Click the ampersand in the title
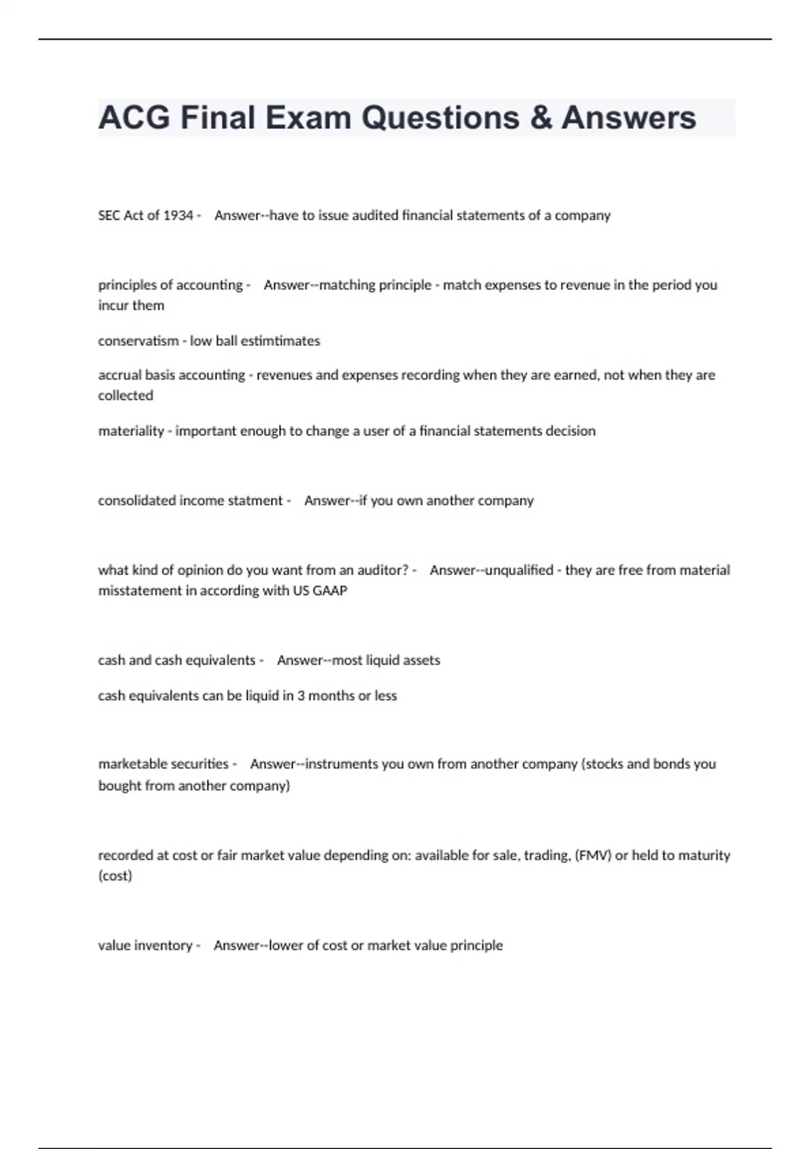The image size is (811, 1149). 541,118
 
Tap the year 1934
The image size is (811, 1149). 178,216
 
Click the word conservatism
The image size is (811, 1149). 139,341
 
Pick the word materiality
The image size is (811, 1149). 131,431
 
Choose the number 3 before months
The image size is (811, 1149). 301,696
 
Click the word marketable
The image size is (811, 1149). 128,764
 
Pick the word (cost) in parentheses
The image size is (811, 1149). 115,876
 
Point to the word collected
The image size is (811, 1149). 126,395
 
